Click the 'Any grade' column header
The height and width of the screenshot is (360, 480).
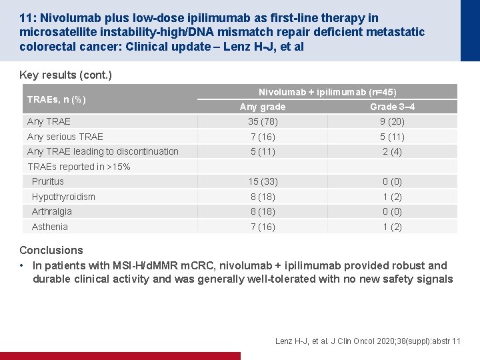tap(263, 107)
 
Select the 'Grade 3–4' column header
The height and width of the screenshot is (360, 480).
tap(392, 107)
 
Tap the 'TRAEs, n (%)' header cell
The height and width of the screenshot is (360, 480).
tap(56, 99)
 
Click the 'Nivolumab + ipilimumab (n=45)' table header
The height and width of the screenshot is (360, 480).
tap(327, 92)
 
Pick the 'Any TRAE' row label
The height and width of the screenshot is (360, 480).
tap(49, 121)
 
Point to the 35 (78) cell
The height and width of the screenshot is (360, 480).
tap(263, 121)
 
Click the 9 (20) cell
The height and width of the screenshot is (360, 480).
tap(392, 121)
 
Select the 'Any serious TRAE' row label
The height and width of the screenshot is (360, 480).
tap(65, 137)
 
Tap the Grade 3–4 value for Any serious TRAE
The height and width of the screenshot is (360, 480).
tap(392, 137)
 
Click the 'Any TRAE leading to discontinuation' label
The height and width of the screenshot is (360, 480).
tap(103, 151)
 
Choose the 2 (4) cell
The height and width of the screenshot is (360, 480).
tap(392, 151)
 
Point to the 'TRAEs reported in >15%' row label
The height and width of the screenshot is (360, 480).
tap(79, 167)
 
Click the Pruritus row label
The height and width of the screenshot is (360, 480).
tap(48, 181)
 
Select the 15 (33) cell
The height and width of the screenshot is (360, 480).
tap(263, 181)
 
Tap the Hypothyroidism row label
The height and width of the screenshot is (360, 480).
tap(63, 197)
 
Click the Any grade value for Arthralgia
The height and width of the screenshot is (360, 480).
tap(263, 211)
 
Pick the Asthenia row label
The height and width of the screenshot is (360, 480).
tap(49, 227)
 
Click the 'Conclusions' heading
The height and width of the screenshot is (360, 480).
tap(51, 250)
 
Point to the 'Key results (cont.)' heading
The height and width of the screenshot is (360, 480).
tap(65, 75)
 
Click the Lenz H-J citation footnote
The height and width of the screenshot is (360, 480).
tap(367, 341)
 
